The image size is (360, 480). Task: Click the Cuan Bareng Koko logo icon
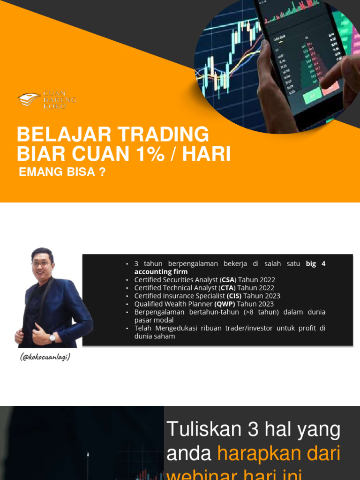pos(29,99)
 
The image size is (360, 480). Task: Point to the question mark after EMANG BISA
pos(102,172)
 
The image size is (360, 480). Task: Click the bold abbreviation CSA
pos(227,280)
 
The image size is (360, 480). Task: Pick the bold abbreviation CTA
pos(227,288)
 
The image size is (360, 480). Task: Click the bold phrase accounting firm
pos(161,272)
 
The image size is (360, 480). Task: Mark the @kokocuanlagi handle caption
pos(45,357)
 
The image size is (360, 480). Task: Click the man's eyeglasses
pos(41,264)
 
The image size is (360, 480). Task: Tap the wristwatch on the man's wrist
pos(52,337)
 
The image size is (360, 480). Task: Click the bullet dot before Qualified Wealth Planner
pos(127,304)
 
